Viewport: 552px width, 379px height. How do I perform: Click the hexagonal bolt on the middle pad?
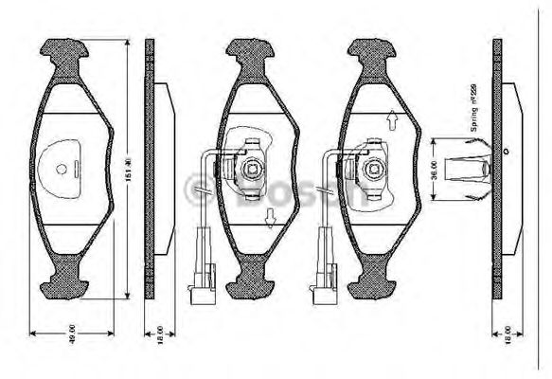[x=253, y=170]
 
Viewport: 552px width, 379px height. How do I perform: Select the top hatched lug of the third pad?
[x=371, y=52]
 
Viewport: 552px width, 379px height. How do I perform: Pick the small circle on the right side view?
[x=507, y=151]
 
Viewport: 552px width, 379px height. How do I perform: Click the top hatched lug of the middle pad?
[x=250, y=52]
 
